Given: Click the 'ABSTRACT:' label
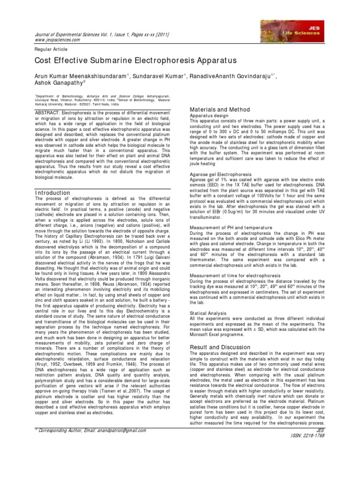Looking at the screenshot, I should coord(52,115).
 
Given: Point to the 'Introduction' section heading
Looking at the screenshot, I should coord(53,193).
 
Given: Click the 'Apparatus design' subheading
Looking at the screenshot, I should coord(209,115).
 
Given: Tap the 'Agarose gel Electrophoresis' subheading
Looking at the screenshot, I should coord(222,174).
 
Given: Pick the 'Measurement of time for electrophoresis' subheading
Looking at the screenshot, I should coord(235,275).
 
